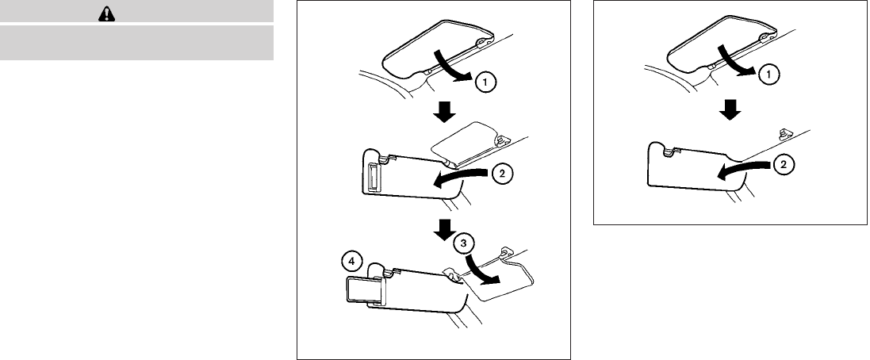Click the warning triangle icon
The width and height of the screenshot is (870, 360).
[136, 14]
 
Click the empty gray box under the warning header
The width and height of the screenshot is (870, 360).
[136, 43]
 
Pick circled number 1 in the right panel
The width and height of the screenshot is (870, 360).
[767, 74]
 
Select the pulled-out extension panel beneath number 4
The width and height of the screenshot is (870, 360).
[366, 289]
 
